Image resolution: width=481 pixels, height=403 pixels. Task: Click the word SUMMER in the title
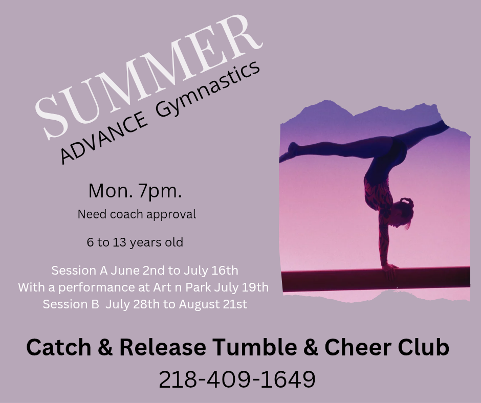point(148,77)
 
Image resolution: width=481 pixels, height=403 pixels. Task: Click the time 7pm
point(160,191)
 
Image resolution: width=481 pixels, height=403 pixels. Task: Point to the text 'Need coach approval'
point(137,214)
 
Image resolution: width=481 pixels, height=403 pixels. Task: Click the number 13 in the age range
point(120,242)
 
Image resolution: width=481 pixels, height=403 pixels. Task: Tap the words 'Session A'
point(80,271)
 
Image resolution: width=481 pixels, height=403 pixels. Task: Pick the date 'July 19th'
point(242,287)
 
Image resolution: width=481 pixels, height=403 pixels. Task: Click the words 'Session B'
point(71,304)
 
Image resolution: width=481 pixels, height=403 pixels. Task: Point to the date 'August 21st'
point(213,304)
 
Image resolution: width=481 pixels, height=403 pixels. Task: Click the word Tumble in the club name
point(255,347)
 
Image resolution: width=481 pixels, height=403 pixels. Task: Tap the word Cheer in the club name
point(358,347)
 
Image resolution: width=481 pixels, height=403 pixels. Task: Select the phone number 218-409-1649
point(237,379)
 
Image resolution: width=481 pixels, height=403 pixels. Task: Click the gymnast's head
point(403,213)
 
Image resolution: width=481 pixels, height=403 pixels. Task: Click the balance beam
point(376,279)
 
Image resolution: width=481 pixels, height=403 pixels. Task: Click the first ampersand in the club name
point(105,347)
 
